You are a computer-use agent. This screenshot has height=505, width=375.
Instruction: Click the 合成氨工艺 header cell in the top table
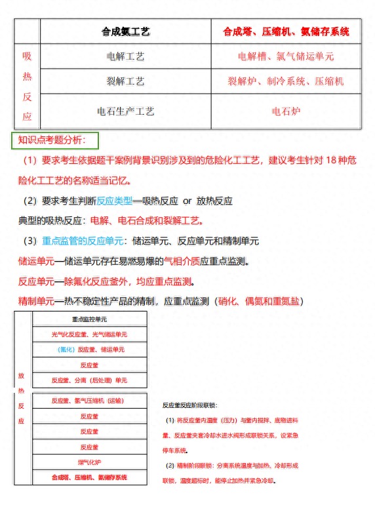tap(125, 31)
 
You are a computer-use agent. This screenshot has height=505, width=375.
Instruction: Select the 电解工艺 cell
tap(125, 56)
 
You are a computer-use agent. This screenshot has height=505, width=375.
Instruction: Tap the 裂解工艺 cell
tap(125, 81)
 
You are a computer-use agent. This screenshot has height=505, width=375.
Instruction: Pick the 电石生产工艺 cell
tap(125, 111)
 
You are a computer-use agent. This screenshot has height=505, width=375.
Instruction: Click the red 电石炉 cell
tap(286, 111)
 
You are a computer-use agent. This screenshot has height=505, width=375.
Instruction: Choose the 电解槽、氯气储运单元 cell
tap(286, 56)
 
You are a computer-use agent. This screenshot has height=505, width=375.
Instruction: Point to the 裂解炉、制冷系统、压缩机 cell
tap(286, 81)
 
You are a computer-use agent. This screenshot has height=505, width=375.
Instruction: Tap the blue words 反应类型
tap(114, 201)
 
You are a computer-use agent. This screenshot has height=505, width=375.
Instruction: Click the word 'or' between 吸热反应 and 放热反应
tap(187, 201)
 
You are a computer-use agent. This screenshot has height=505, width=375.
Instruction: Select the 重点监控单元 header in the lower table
tap(89, 319)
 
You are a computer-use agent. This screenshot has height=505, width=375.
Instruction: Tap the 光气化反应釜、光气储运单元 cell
tap(89, 334)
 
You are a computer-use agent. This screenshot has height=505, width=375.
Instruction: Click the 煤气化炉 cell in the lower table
tap(89, 462)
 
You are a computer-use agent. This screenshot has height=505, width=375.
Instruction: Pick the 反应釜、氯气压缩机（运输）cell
tap(89, 400)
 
